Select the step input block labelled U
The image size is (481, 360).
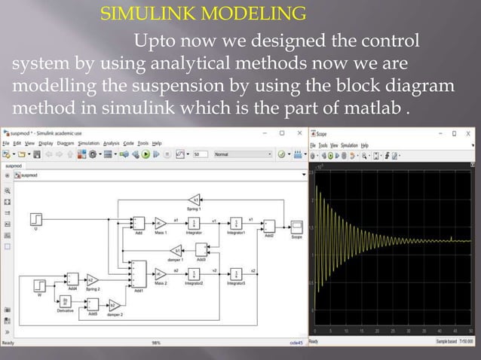coord(35,219)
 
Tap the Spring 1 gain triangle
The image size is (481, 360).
coord(195,199)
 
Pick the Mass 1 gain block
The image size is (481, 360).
coord(160,223)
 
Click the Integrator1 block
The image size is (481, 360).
coord(237,224)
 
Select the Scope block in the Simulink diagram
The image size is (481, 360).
coord(296,227)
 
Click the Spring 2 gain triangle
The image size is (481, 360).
coord(92,279)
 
